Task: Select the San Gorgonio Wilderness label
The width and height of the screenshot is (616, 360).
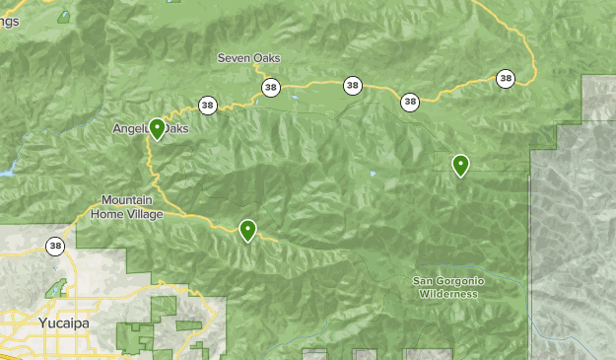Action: point(448,287)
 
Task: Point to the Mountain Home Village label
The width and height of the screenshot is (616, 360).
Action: point(128,206)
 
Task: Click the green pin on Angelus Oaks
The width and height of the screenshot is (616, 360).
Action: point(157,128)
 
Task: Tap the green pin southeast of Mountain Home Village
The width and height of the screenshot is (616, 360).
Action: point(247,230)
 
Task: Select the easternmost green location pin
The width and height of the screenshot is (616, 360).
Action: point(460,165)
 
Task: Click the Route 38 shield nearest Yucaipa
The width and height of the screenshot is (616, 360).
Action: point(55,246)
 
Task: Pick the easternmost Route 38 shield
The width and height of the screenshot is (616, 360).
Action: point(506,78)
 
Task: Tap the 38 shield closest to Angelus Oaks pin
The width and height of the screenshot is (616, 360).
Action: point(207,105)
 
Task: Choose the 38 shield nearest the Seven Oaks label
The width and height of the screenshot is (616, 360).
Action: point(270,89)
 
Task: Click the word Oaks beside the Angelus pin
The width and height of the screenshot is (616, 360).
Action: point(177,128)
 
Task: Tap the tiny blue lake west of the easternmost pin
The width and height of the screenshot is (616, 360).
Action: point(373,175)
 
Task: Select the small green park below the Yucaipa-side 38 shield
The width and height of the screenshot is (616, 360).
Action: point(56,289)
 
